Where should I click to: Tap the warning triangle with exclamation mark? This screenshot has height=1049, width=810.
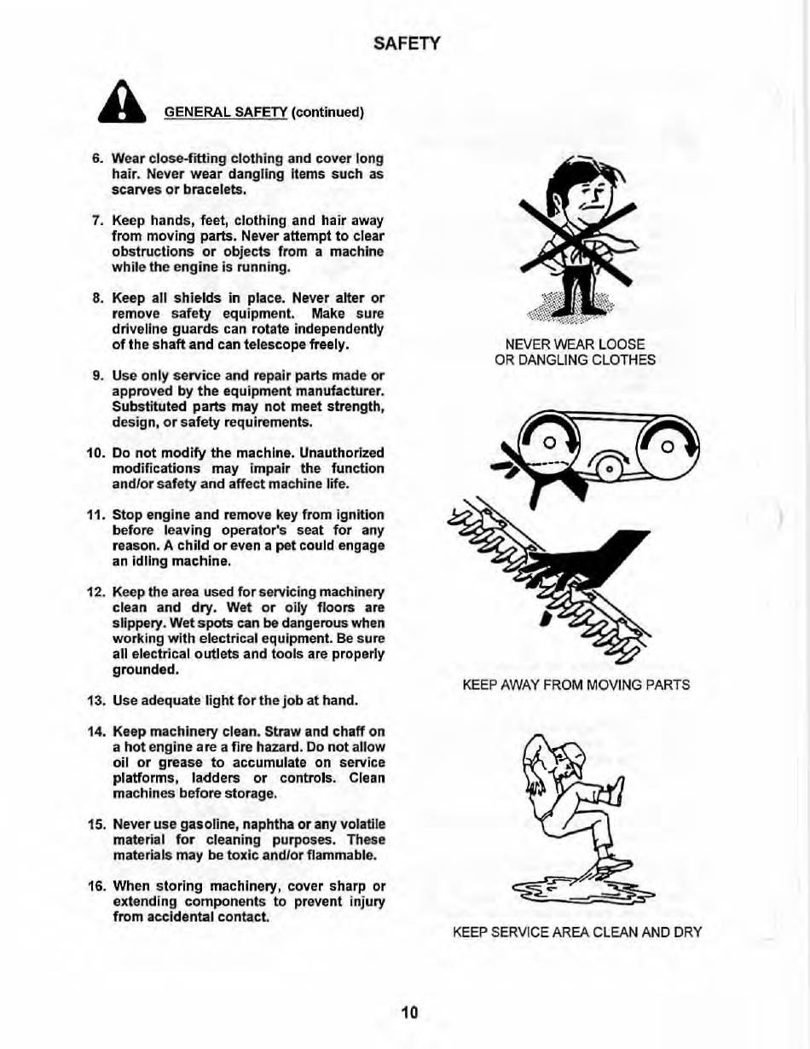(125, 107)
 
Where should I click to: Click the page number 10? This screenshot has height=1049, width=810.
(409, 1012)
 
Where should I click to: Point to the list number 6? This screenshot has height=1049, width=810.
(96, 159)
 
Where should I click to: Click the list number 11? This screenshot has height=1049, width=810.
(95, 515)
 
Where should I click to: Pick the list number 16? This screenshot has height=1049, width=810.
(95, 886)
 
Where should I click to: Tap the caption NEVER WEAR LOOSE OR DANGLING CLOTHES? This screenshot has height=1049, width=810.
(575, 351)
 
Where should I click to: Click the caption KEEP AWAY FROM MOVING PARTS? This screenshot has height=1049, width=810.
(576, 684)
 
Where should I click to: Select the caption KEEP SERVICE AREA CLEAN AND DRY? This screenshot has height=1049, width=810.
(577, 932)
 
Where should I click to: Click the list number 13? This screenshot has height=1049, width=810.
(95, 701)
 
